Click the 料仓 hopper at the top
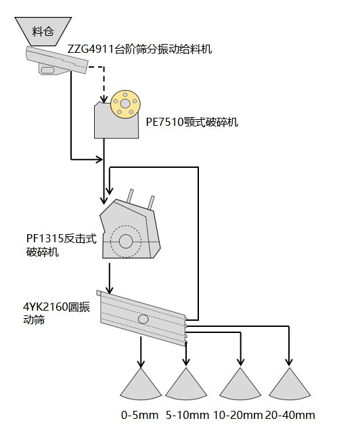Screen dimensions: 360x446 (x=43, y=31)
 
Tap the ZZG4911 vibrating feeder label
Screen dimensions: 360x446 (x=139, y=49)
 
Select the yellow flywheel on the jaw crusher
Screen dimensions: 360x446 (x=125, y=104)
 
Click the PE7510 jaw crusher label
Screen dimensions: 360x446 (x=192, y=122)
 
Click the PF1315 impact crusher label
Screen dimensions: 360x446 (x=62, y=245)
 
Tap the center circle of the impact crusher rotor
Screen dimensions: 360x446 (x=126, y=242)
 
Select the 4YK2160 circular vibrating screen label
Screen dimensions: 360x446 (x=56, y=313)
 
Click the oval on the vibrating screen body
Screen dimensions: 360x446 (x=143, y=319)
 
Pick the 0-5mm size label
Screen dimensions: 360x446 (x=139, y=415)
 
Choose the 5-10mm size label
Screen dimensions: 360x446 (x=187, y=415)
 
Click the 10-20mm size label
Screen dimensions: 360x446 (x=238, y=415)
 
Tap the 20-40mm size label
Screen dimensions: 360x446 (x=290, y=415)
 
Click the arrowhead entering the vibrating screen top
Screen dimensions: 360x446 (x=110, y=290)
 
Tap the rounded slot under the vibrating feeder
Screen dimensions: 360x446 (x=47, y=70)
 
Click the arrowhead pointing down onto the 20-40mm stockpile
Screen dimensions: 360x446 (x=289, y=362)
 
